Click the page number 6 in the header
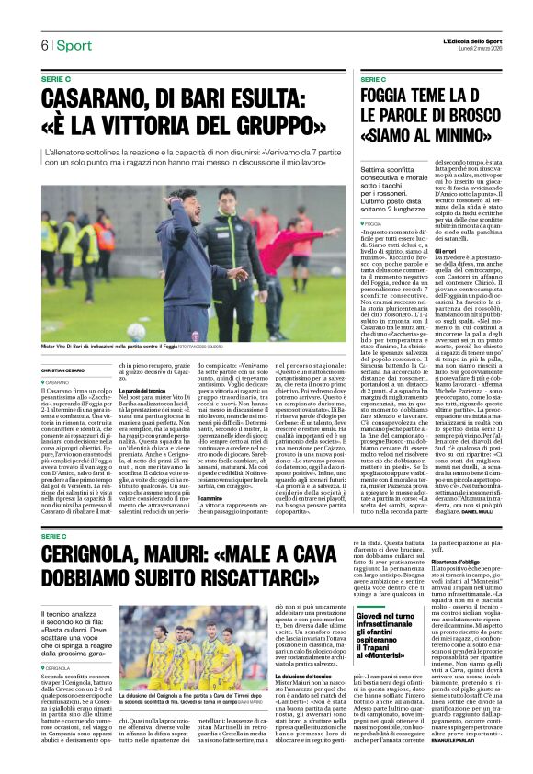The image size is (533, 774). [x=43, y=45]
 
